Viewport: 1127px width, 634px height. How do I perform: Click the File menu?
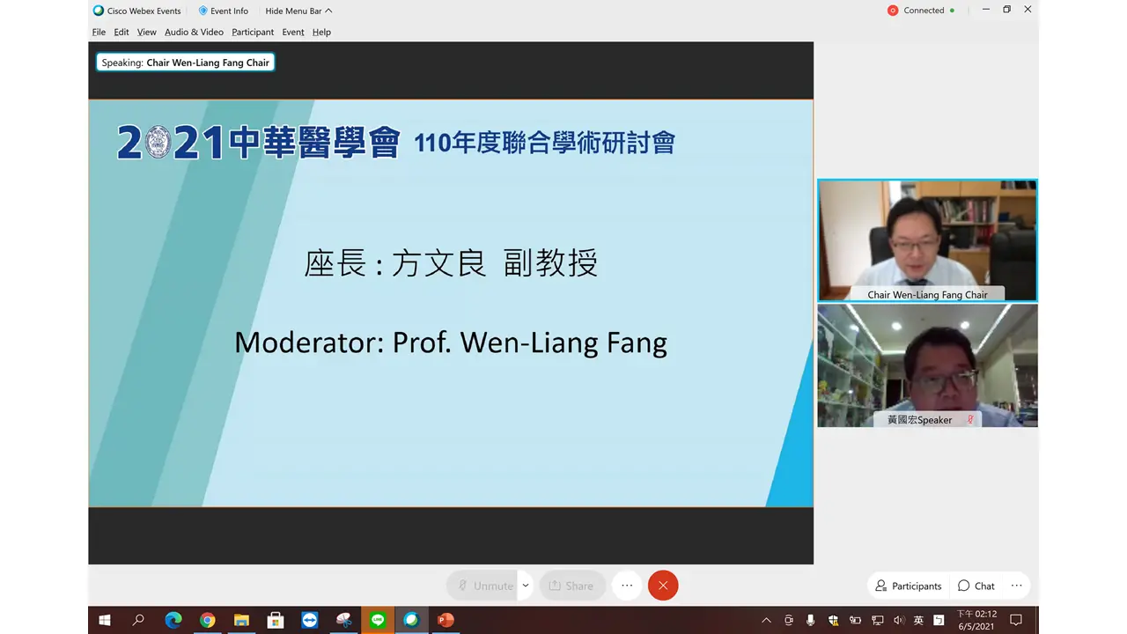tap(99, 32)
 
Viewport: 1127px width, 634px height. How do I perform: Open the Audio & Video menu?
tap(194, 32)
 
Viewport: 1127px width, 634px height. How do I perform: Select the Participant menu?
tap(253, 32)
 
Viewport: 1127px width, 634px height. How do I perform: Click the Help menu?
tap(321, 32)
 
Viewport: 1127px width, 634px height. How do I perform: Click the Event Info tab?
tap(224, 11)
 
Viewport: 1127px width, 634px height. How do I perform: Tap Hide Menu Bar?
tap(298, 11)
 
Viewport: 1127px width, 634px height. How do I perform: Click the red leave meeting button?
tap(663, 586)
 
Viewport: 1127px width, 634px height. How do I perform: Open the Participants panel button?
tap(908, 586)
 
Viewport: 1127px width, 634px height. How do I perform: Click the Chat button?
tap(976, 586)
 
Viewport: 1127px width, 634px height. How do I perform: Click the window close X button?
tap(1028, 10)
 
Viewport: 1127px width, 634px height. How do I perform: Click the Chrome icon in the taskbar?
tap(207, 620)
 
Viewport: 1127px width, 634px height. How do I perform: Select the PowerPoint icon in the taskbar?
tap(446, 620)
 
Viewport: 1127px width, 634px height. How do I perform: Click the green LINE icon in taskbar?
tap(378, 620)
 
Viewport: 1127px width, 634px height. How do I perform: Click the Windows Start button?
tap(105, 620)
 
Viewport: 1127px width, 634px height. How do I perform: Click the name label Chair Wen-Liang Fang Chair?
tap(927, 295)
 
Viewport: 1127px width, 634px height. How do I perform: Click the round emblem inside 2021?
tap(157, 142)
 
